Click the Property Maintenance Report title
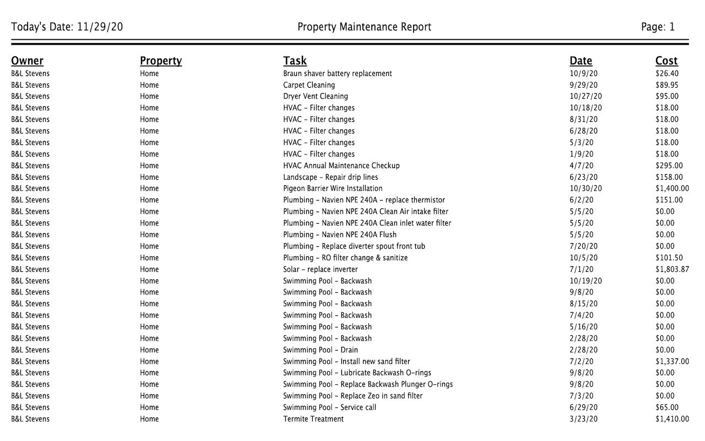pos(364,27)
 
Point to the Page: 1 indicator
pos(658,27)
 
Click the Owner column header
pos(27,61)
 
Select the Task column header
pos(295,61)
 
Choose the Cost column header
pos(666,61)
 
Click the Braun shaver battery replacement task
pos(338,73)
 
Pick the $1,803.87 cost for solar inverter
pos(672,270)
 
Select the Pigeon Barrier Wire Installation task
pos(333,189)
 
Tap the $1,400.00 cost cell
pos(672,189)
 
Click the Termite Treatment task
pos(313,419)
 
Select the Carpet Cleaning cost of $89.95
pos(667,85)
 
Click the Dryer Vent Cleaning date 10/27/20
pos(586,96)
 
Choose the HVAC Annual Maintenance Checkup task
pos(341,165)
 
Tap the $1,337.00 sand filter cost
pos(672,362)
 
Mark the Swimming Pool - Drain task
pos(321,350)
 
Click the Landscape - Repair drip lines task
pos(330,177)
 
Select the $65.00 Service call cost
pos(667,407)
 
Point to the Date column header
pos(581,61)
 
